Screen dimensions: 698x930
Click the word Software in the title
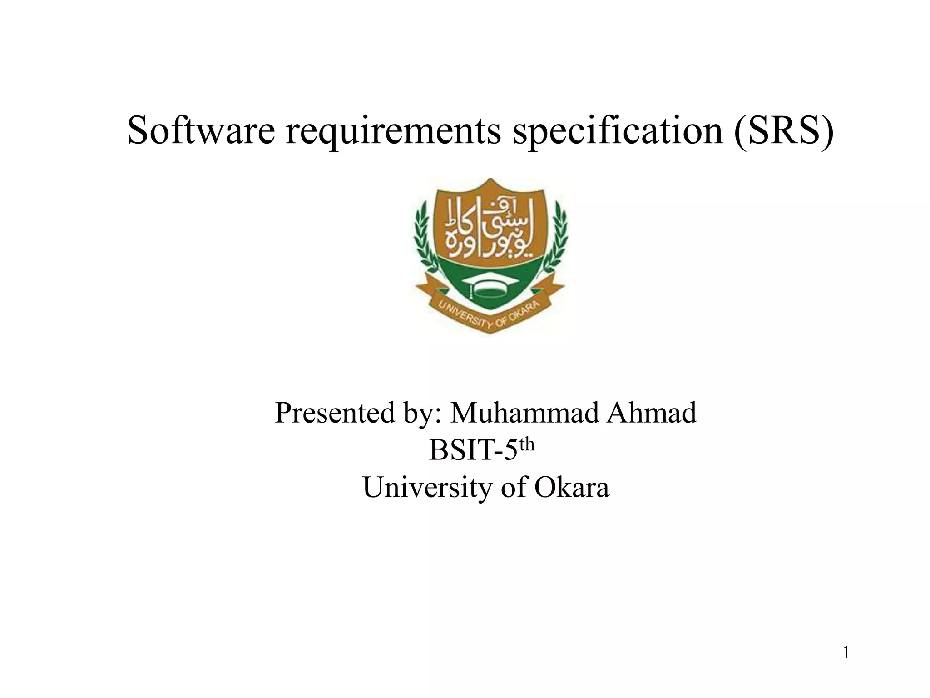pos(201,131)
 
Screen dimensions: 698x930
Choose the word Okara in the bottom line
pos(572,488)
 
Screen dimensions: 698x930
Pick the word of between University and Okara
pos(513,488)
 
